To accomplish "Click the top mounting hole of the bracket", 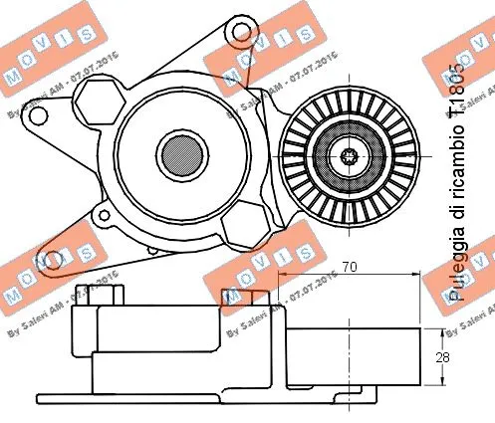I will tap(239, 35).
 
